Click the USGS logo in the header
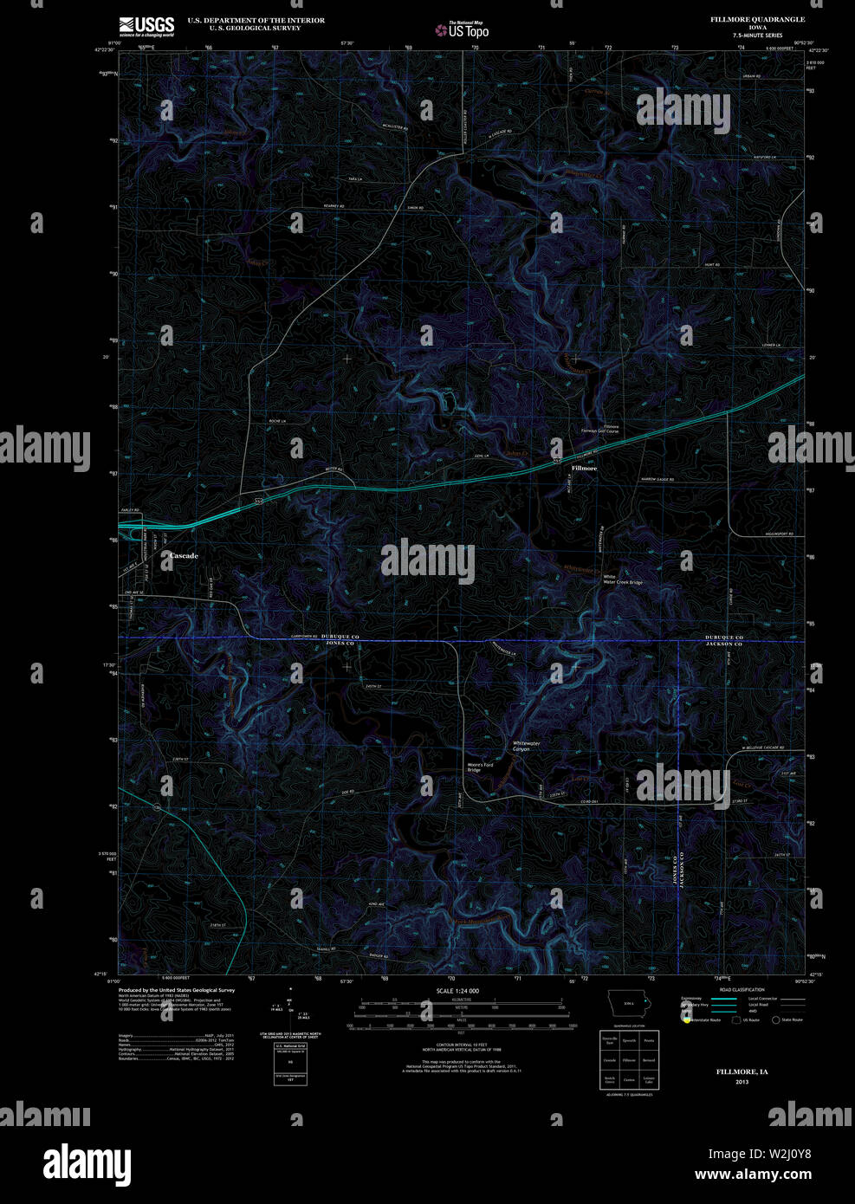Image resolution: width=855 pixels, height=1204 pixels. tap(146, 25)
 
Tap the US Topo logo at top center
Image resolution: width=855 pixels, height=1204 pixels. tap(463, 30)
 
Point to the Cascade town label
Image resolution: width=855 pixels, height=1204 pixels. tap(184, 555)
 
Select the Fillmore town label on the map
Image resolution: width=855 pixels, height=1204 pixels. tap(584, 468)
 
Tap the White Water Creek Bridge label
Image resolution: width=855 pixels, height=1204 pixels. tap(623, 579)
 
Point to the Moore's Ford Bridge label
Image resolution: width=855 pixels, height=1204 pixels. tap(480, 767)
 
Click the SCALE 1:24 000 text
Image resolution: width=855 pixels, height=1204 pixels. tap(457, 991)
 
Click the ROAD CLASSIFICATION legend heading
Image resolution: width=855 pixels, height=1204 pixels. tap(742, 989)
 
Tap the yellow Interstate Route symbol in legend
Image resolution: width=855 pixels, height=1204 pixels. tap(686, 1020)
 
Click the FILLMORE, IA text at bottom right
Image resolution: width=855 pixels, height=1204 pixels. tap(742, 1071)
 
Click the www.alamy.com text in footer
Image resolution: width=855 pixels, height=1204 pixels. tap(753, 1175)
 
